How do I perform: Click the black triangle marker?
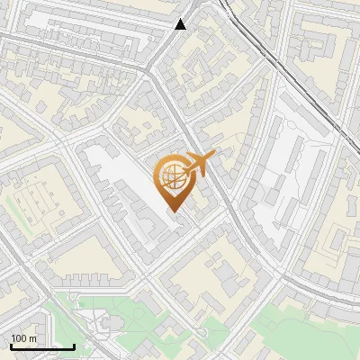(181, 24)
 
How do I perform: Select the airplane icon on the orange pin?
(200, 163)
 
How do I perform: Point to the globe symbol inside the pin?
(171, 177)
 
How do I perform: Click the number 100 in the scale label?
(20, 338)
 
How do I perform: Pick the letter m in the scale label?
(33, 338)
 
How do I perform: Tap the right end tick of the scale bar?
(74, 346)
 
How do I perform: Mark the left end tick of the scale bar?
(11, 346)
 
